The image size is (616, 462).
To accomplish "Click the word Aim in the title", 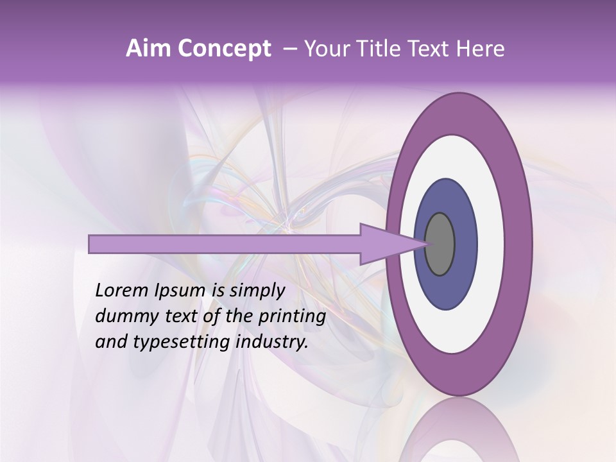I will coord(148,49).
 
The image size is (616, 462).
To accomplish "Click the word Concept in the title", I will coord(224,49).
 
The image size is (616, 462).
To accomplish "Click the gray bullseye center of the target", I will coord(440,244).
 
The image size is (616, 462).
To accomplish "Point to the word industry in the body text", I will coord(269,343).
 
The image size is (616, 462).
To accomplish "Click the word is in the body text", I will coord(218,291).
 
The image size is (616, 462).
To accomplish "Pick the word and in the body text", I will coord(110,342).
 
